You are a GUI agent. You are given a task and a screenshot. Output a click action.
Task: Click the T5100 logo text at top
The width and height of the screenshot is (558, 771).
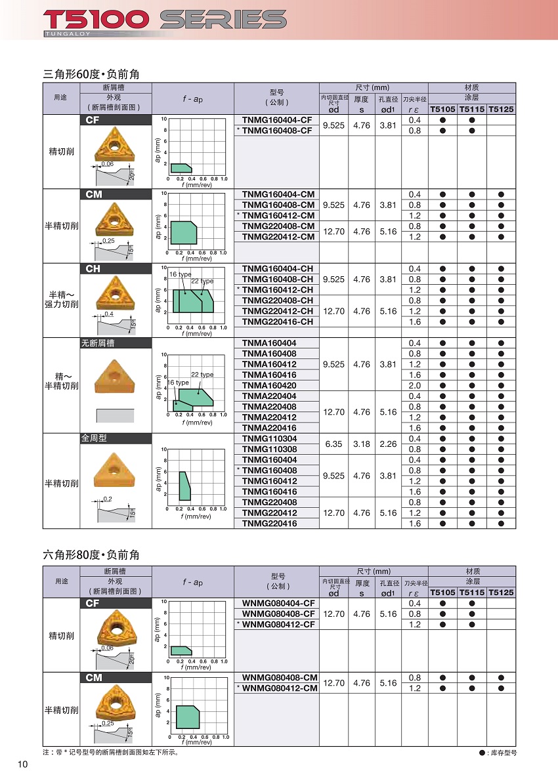click(x=96, y=19)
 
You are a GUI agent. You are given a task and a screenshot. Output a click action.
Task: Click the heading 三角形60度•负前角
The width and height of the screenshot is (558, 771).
click(x=91, y=74)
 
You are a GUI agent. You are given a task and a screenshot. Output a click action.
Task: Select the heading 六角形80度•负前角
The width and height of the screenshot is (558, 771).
click(x=91, y=555)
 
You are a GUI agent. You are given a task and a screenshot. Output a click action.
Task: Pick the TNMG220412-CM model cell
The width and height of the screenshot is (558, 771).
click(x=278, y=237)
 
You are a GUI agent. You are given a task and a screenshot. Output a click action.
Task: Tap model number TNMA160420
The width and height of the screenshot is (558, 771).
click(x=269, y=385)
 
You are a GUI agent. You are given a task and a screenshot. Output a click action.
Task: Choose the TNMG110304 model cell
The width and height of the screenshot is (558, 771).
click(x=269, y=438)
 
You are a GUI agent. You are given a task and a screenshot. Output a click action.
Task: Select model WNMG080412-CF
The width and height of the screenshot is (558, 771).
click(x=278, y=624)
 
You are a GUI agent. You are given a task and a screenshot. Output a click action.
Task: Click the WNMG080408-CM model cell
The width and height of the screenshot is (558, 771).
click(x=280, y=677)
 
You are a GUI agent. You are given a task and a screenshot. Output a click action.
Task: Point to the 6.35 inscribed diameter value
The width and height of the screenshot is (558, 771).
click(x=334, y=444)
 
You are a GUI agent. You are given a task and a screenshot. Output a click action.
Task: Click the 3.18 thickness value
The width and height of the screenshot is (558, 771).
click(x=361, y=444)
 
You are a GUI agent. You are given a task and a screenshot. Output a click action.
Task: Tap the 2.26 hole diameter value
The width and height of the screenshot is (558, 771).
click(x=388, y=444)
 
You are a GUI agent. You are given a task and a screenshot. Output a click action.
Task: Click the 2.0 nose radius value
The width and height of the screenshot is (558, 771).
click(x=415, y=385)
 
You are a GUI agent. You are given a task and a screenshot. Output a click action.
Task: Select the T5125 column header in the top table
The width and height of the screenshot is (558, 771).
click(x=502, y=109)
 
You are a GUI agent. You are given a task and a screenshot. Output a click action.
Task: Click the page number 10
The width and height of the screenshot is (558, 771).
click(x=23, y=764)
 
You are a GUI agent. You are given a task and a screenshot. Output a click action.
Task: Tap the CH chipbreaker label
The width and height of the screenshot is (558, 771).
click(x=93, y=268)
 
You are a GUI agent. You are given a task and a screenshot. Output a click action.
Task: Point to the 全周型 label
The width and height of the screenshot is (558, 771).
click(x=94, y=438)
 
